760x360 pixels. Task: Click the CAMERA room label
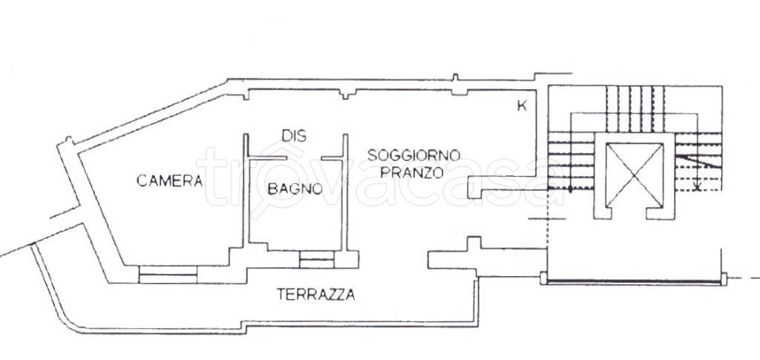coord(169,180)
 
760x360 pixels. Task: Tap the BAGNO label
coord(295,189)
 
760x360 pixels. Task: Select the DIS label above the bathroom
coord(294,136)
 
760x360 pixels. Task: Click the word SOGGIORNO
coord(413,156)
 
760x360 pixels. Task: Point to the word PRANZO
coord(411,172)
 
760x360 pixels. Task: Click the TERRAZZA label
coord(315,294)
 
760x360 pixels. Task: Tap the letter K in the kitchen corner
coord(522,106)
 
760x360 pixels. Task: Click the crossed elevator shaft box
coord(634,175)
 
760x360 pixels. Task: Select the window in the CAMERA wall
coord(168,274)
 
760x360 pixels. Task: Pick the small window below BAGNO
coord(316,260)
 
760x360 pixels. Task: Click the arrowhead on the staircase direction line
coord(698,186)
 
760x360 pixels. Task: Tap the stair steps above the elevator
coord(635,108)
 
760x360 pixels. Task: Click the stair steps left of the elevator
coord(571,161)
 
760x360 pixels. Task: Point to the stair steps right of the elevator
coord(698,161)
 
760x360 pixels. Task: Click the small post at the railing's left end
coord(543,278)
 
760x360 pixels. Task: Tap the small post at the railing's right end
coord(724,279)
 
